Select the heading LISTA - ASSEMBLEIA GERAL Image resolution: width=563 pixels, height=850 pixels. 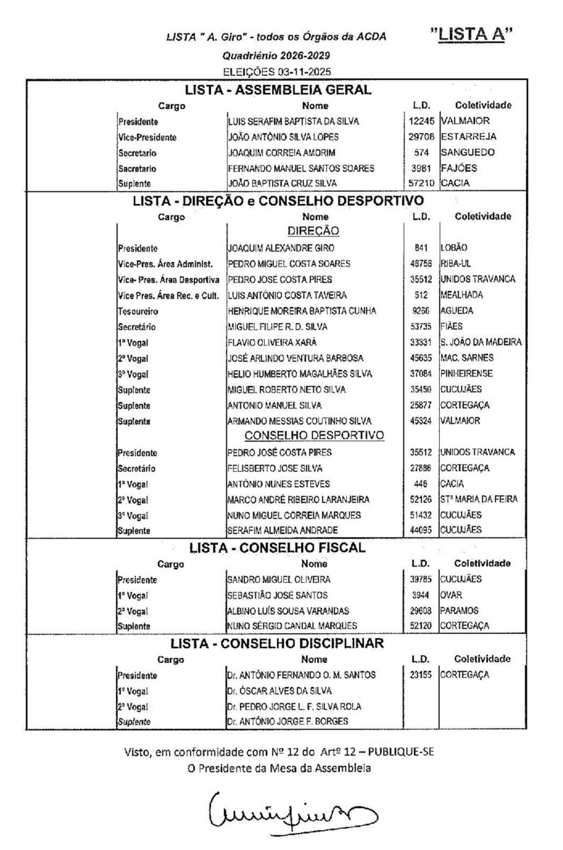tap(278, 90)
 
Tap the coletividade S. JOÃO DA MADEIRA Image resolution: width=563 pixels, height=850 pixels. tap(481, 342)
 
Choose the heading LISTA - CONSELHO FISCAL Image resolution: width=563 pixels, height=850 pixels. tap(277, 548)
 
